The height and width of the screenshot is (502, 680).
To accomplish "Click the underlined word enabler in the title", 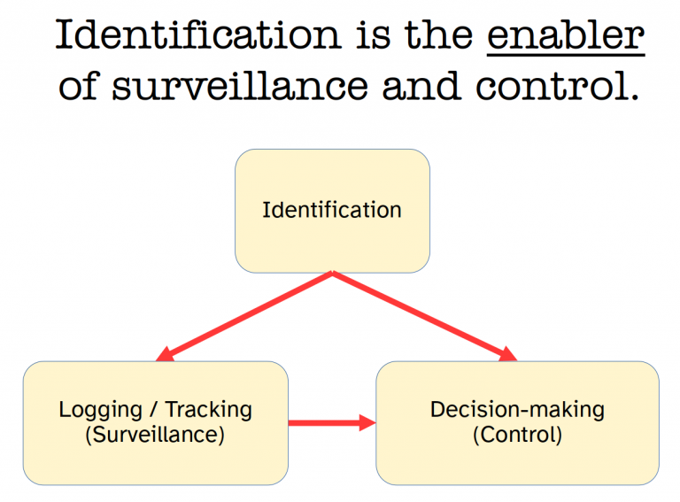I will [566, 36].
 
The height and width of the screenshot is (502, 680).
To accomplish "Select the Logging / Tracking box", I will [156, 452].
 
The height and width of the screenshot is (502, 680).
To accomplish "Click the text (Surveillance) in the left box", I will [156, 435].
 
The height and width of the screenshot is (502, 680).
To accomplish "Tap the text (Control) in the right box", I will [517, 435].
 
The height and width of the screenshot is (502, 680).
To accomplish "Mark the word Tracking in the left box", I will [208, 410].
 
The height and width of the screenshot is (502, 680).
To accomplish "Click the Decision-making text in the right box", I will [517, 410].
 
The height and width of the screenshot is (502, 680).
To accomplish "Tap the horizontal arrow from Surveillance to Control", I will [328, 423].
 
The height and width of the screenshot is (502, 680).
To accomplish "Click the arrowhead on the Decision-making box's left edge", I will [367, 423].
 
